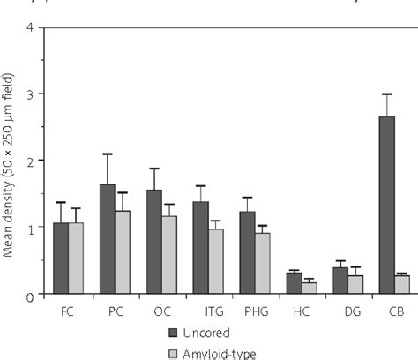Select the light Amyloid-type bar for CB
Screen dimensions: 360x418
click(x=401, y=284)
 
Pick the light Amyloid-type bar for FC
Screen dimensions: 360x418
click(x=77, y=258)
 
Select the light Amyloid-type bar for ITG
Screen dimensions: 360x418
click(x=216, y=261)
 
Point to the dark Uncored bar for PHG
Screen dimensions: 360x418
click(x=247, y=252)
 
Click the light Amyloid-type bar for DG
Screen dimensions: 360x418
click(x=355, y=284)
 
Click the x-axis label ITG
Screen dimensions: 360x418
click(x=207, y=311)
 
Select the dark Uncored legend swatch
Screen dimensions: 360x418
click(x=173, y=333)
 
